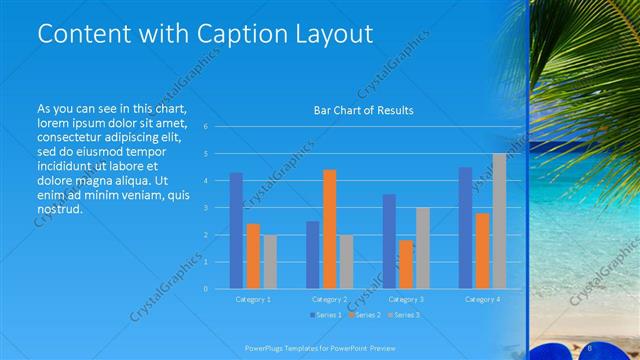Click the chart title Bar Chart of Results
pos(364,110)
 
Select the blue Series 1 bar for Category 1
pos(236,231)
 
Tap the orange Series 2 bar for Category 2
pos(329,229)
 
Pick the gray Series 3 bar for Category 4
pos(499,221)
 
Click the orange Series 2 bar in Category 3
pos(406,264)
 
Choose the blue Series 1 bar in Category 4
pos(465,228)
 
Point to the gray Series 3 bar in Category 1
pos(270,262)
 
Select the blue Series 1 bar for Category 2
pos(312,255)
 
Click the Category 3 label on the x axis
pos(406,299)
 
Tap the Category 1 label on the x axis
pos(253,299)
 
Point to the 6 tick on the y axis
pos(205,127)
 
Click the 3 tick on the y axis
pos(205,208)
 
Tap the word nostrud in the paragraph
pos(59,210)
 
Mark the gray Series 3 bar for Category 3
pos(423,248)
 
